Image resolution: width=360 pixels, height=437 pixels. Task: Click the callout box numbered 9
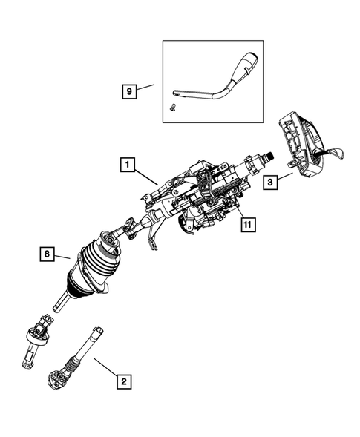tap(129, 92)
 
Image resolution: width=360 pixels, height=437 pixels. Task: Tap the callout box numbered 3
tap(269, 180)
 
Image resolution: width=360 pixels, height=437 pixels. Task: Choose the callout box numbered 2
tap(125, 381)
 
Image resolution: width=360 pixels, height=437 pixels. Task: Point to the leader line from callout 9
tap(146, 88)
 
